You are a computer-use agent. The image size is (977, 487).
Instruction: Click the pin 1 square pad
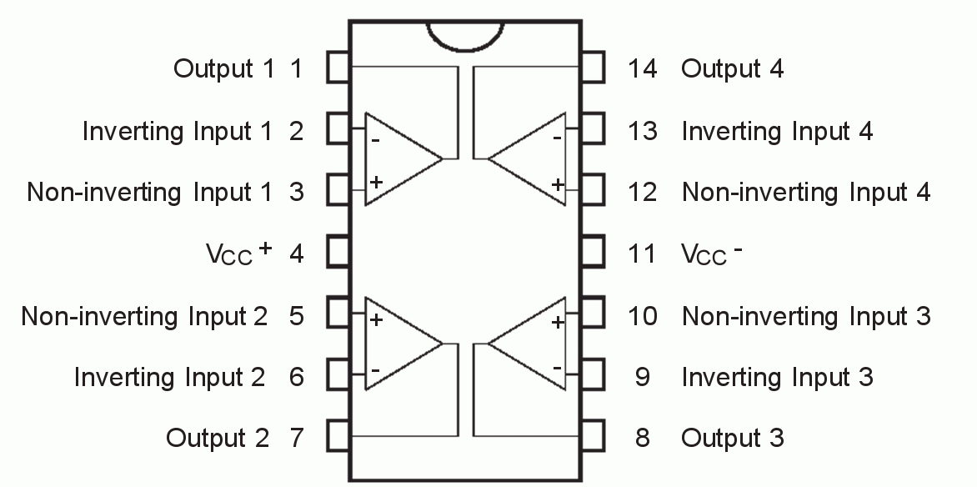click(338, 68)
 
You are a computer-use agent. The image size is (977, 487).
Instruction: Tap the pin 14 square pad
click(593, 68)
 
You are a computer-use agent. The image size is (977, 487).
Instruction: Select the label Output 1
click(223, 68)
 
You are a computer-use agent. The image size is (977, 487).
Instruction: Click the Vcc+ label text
click(239, 253)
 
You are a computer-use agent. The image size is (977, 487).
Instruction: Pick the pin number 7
click(297, 438)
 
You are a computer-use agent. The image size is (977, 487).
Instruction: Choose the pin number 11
click(642, 254)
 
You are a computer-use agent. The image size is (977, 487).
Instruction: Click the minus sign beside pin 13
click(557, 138)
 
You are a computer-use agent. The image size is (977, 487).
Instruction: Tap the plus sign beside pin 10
click(557, 322)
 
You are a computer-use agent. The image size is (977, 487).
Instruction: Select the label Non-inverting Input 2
click(145, 316)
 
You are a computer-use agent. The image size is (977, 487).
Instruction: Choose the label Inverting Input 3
click(777, 377)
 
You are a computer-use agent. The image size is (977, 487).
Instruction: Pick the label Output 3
click(732, 438)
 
